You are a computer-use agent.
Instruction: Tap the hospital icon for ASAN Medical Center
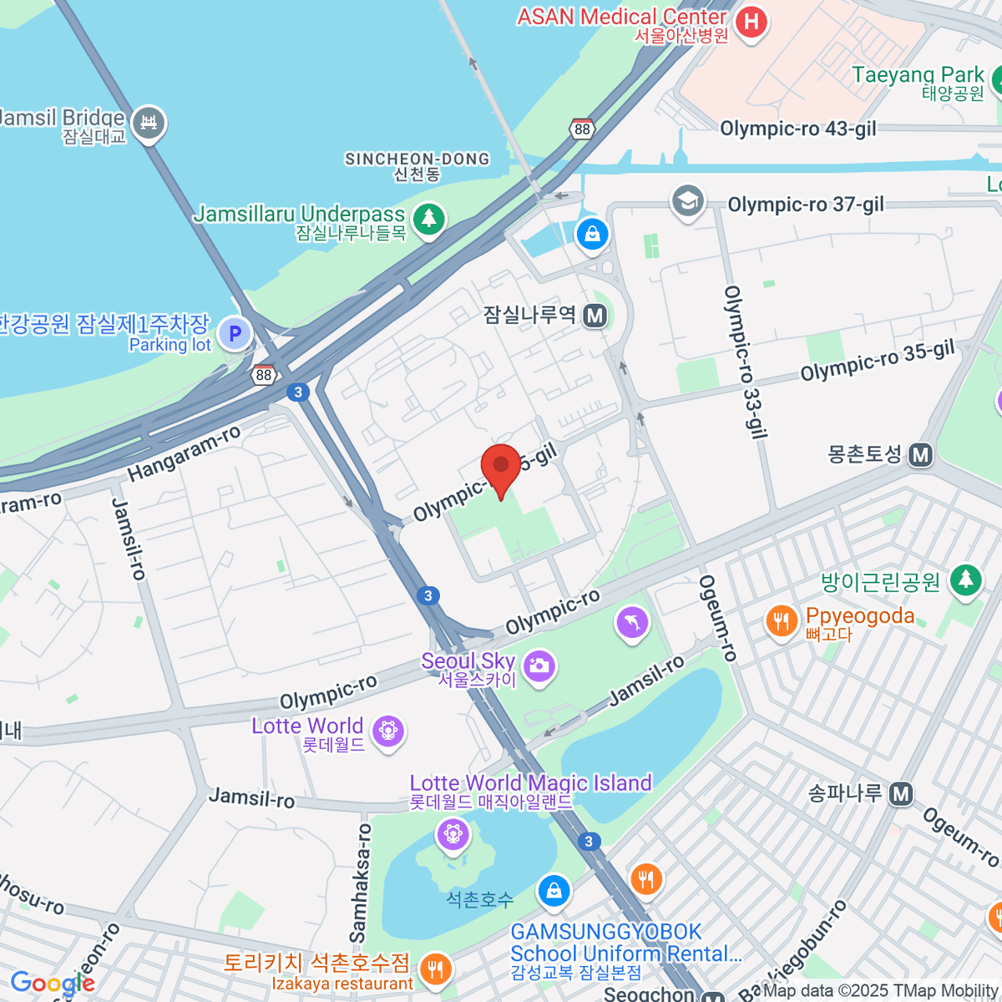click(x=751, y=22)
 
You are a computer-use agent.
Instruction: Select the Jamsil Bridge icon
click(x=149, y=124)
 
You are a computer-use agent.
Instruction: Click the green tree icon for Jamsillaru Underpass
click(x=428, y=220)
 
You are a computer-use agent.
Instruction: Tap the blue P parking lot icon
click(x=235, y=334)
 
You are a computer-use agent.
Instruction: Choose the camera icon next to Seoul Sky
click(x=539, y=665)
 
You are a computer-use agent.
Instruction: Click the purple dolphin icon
click(x=632, y=622)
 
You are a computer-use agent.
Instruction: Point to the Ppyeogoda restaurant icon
click(x=782, y=621)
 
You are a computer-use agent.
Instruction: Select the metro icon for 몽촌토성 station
click(x=920, y=455)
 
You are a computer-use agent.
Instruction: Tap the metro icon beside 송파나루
click(x=900, y=793)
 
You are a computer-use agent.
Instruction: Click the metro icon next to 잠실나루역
click(x=595, y=316)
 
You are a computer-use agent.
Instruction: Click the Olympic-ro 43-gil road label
click(x=797, y=129)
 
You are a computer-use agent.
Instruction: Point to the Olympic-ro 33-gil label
click(x=745, y=361)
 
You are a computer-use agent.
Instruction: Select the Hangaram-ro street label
click(x=184, y=453)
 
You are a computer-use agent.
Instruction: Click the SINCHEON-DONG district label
click(x=417, y=159)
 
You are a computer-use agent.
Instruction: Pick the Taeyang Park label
click(x=918, y=75)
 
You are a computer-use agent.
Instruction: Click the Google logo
click(x=52, y=984)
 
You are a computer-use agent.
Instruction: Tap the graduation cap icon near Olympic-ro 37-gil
click(x=687, y=201)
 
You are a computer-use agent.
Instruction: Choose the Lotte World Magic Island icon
click(x=453, y=832)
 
